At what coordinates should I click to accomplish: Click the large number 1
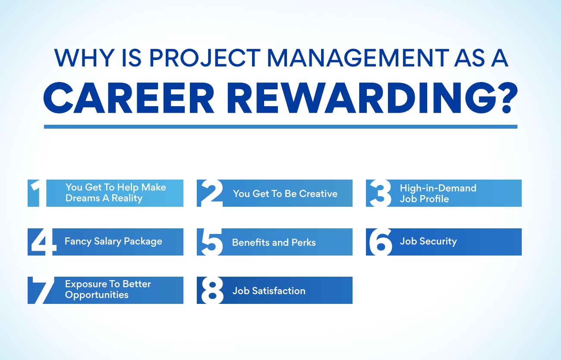click(x=38, y=193)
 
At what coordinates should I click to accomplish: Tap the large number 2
click(x=212, y=193)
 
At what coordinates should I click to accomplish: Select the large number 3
click(x=381, y=193)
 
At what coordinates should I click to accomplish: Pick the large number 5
click(x=212, y=242)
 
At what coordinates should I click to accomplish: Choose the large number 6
click(x=381, y=242)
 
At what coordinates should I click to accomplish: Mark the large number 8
click(x=212, y=291)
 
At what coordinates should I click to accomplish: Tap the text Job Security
click(x=428, y=241)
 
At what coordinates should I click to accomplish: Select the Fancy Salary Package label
click(x=113, y=241)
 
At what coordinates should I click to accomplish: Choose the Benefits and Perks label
click(x=274, y=243)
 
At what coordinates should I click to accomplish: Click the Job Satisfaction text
click(x=268, y=291)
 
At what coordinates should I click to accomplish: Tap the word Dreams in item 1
click(x=81, y=199)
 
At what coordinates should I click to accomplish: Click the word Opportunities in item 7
click(x=97, y=295)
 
